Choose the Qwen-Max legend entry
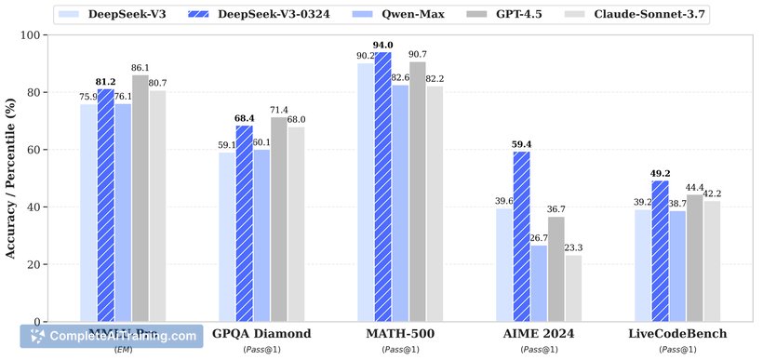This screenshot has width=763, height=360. [x=406, y=15]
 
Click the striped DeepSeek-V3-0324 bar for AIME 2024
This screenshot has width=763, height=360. [x=523, y=236]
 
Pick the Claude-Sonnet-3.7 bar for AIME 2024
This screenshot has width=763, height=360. [x=574, y=288]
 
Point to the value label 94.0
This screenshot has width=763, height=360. [x=382, y=45]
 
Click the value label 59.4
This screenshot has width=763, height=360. [x=523, y=144]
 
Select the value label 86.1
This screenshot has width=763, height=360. [x=140, y=68]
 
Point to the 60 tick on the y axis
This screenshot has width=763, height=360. [x=39, y=150]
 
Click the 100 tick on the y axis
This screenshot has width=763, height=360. [x=35, y=35]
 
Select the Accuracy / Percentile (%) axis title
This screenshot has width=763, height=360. [x=13, y=178]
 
